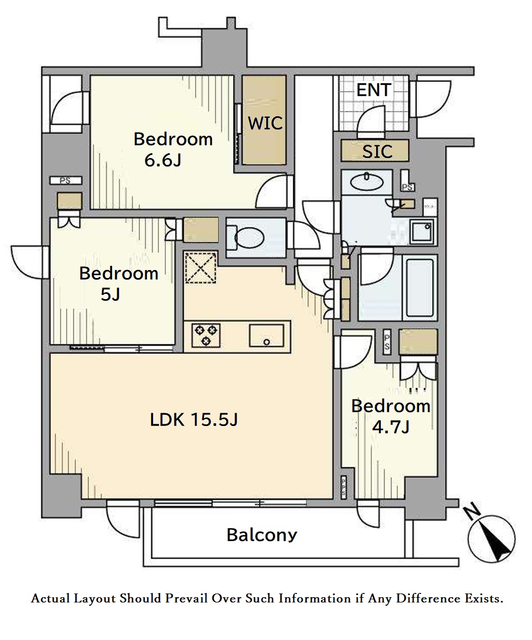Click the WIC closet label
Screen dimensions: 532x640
click(x=265, y=123)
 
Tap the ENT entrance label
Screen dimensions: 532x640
click(x=374, y=90)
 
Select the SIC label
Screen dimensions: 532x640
click(x=377, y=152)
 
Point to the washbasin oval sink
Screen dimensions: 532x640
click(x=367, y=183)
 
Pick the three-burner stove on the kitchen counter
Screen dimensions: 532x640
click(x=206, y=336)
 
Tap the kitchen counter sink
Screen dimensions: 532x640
click(x=266, y=336)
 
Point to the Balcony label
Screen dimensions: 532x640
click(x=262, y=535)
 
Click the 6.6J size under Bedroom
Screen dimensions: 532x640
click(x=162, y=160)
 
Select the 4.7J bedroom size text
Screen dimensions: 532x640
click(x=391, y=426)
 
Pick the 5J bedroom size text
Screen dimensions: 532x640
click(x=110, y=294)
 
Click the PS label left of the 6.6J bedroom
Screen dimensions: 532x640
click(x=66, y=181)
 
